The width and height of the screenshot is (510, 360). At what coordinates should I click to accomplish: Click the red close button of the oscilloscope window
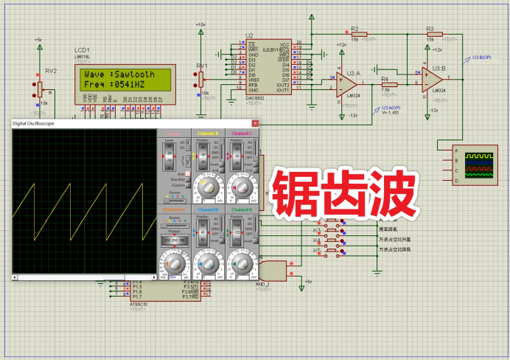[x=255, y=123]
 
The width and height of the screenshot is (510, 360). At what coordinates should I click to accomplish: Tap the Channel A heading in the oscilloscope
[x=210, y=134]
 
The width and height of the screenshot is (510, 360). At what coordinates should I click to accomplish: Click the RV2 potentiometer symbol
[x=41, y=89]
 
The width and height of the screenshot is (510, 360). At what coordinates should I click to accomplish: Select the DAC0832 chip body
[x=268, y=67]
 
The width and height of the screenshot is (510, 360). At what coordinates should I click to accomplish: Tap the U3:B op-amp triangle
[x=432, y=77]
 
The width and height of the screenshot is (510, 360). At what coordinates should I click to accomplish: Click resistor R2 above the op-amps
[x=359, y=34]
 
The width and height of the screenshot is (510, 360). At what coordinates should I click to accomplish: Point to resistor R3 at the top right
[x=434, y=34]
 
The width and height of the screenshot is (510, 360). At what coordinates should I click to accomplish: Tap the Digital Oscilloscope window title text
[x=33, y=123]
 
